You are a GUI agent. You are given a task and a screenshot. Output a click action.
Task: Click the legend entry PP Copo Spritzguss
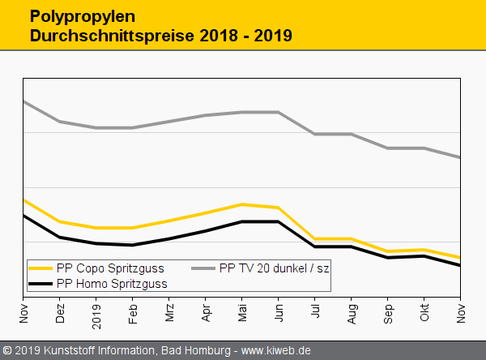click(110, 268)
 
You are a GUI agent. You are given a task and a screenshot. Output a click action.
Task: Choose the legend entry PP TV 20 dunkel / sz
click(275, 268)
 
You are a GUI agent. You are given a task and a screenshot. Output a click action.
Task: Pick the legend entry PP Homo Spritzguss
click(112, 284)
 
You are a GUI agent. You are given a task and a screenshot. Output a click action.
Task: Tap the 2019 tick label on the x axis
click(96, 312)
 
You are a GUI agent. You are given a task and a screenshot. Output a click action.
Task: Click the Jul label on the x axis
click(315, 313)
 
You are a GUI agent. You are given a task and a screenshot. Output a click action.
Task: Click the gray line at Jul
click(315, 134)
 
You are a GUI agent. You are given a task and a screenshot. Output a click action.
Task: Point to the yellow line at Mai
click(242, 204)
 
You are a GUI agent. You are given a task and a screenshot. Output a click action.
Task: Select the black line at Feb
click(133, 245)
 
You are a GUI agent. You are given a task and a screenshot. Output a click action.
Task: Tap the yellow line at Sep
click(388, 251)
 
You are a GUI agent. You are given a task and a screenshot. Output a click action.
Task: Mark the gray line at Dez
click(60, 122)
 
